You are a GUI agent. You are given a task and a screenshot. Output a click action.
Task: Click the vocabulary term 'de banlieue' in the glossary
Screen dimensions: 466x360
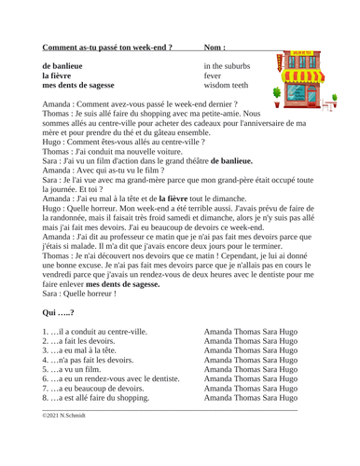coord(68,67)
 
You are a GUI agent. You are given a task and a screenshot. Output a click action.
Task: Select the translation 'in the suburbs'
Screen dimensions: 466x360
coord(233,67)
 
